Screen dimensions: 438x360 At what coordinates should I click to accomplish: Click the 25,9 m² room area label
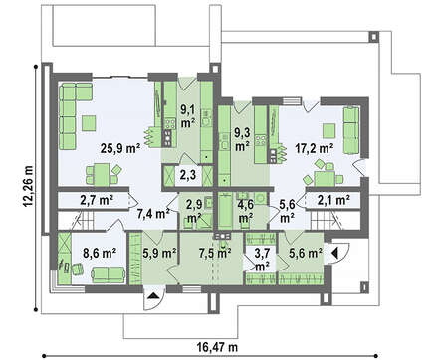tap(120, 148)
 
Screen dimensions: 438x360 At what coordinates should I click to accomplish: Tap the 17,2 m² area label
tap(315, 148)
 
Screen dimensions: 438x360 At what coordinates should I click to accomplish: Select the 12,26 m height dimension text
tap(29, 186)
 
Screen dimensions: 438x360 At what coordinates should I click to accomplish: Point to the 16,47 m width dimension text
tap(217, 347)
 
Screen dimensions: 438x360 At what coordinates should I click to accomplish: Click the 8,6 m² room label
tap(100, 254)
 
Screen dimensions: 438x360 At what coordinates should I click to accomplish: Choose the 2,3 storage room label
tap(188, 175)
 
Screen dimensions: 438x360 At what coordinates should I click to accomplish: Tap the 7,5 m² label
tap(215, 254)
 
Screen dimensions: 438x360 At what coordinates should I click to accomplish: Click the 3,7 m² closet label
tap(262, 259)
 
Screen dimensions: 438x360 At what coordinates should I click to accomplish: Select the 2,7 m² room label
tap(97, 200)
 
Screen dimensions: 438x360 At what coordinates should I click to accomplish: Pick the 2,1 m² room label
tap(333, 200)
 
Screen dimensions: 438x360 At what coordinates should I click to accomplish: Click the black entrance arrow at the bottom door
tap(152, 296)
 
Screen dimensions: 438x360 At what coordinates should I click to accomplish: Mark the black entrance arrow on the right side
tap(334, 254)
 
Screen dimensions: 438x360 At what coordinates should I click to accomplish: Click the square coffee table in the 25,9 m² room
tap(89, 123)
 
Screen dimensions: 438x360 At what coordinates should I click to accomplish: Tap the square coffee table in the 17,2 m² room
tap(328, 130)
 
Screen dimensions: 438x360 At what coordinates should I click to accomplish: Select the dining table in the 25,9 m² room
tap(102, 174)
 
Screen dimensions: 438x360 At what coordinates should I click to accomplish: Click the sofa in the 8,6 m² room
tap(109, 274)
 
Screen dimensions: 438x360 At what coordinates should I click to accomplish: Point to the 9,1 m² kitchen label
tap(188, 116)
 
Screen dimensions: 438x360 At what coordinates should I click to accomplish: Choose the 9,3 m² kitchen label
tap(242, 139)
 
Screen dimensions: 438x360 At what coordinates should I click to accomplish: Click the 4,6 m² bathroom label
tap(246, 211)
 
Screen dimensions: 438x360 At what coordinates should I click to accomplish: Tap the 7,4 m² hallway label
tap(153, 214)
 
